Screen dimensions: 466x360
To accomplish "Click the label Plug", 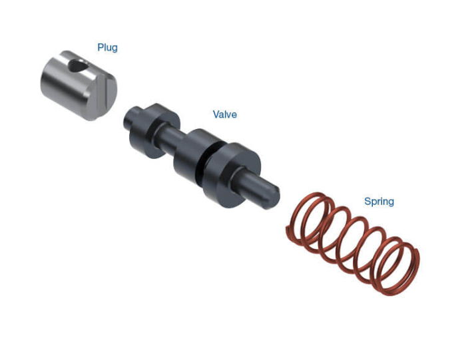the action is (108, 47).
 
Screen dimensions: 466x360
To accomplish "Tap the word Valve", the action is (225, 114).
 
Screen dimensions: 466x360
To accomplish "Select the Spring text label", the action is (379, 202).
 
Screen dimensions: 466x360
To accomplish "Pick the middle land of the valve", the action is (194, 158).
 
